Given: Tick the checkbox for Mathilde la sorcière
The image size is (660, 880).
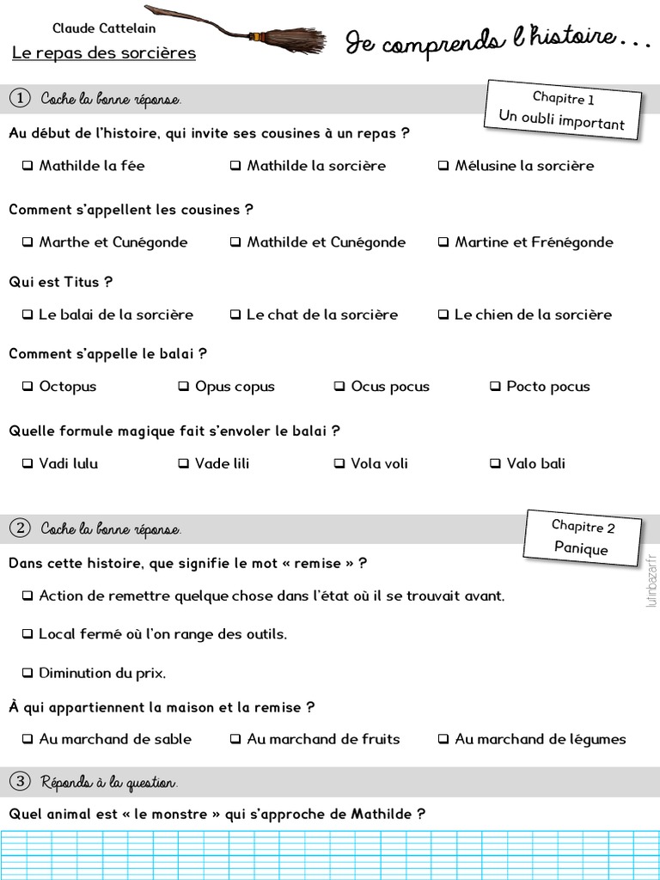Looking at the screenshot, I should pos(235,166).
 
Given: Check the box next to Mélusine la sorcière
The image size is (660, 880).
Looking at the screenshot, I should pos(443,166).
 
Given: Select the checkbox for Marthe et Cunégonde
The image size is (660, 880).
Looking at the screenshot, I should pos(27,242).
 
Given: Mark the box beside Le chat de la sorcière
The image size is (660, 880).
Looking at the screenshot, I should pos(235,315).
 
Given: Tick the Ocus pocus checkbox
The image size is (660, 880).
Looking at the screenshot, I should pos(339,387).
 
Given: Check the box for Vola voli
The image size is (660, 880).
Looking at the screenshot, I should pos(339,464).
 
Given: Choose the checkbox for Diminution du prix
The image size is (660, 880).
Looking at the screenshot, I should pos(27,673).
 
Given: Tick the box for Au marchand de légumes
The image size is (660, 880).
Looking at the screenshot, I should pos(443,739).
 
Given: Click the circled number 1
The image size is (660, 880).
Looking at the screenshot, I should pos(19,99).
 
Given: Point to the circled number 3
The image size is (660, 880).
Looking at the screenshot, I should pos(19,782).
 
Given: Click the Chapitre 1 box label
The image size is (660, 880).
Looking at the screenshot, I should pos(563,99).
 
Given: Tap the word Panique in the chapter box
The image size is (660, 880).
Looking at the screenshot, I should pos(581,548).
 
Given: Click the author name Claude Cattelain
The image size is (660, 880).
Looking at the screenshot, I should pos(104,29).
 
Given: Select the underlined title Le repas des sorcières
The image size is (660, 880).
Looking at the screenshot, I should pos(104,53).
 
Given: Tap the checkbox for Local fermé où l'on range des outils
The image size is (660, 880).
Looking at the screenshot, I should pos(27,634).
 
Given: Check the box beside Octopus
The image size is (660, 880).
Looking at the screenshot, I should pos(27,387).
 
